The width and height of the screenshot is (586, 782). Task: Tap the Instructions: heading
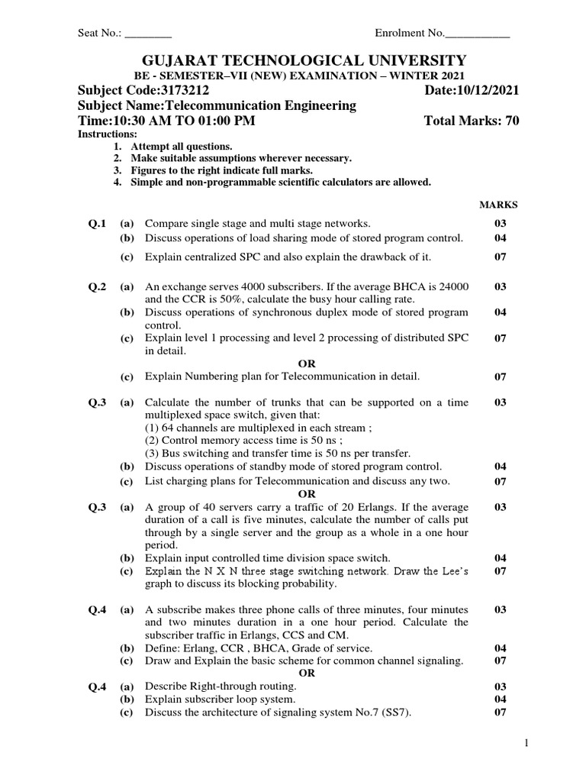pos(108,134)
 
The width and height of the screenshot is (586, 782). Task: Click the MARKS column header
pos(498,205)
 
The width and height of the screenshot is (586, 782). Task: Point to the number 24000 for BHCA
pos(454,286)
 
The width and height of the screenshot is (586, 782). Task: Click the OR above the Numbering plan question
pos(306,364)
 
